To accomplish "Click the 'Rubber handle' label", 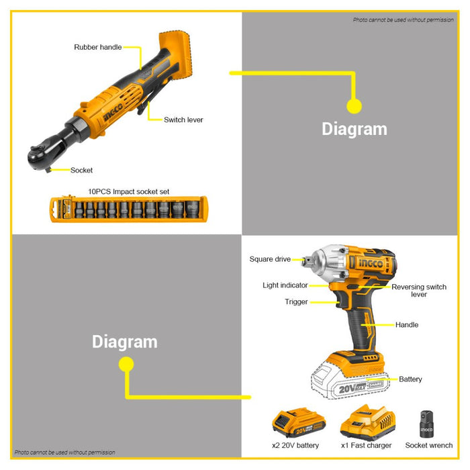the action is [98, 47].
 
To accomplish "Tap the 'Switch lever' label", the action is [183, 120].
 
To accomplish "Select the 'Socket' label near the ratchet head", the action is [81, 171].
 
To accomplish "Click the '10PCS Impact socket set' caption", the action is [129, 191].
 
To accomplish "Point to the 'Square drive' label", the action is [270, 259].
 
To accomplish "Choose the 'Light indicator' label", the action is [285, 285].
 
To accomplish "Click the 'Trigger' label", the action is [296, 301].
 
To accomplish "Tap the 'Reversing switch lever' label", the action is [419, 291].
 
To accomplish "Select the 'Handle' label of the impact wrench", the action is [407, 324].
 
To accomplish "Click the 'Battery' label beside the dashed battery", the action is [410, 379].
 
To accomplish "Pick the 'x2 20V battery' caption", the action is [295, 445].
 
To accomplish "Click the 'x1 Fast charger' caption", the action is [367, 445].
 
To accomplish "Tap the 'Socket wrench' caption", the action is [429, 445].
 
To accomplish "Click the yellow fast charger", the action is [368, 422].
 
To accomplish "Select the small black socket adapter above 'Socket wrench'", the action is [426, 424].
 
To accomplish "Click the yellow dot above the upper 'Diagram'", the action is [354, 106].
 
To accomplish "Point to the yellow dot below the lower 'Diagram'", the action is [126, 364].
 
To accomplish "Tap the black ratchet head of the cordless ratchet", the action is [40, 156].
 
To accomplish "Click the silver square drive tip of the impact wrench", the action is [307, 261].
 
